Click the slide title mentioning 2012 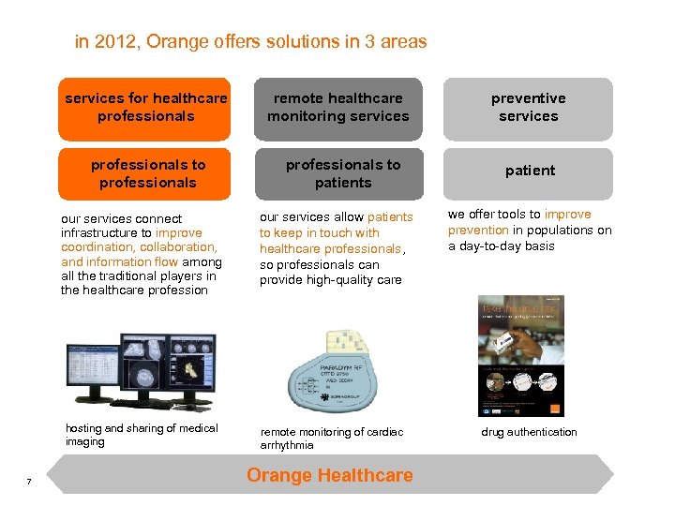click(250, 42)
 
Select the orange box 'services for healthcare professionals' click(145, 108)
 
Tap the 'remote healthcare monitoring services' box click(337, 108)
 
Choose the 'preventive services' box click(528, 108)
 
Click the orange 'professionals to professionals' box click(147, 173)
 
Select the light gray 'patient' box click(530, 171)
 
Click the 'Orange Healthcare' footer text click(329, 475)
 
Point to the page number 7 click(29, 482)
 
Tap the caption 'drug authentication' click(529, 432)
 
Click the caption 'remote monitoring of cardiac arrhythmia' click(331, 439)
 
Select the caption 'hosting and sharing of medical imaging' click(142, 435)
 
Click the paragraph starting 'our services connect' click(140, 254)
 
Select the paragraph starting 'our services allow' click(336, 248)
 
